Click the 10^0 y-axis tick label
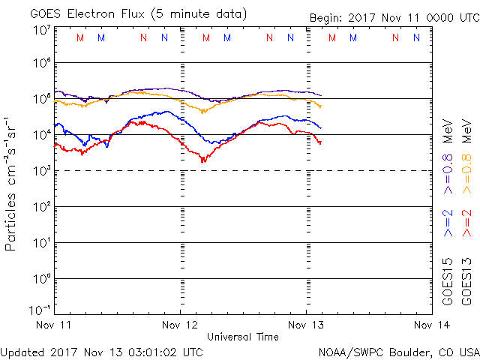42,280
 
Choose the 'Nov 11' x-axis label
54,325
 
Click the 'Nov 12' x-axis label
180,325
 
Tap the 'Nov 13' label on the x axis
306,325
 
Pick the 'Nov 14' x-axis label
431,325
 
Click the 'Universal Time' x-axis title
243,337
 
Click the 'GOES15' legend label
448,281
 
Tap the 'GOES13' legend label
466,281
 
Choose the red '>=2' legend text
466,223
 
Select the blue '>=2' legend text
448,223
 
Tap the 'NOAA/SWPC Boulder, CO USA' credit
398,352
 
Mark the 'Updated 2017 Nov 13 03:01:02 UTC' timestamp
102,351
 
